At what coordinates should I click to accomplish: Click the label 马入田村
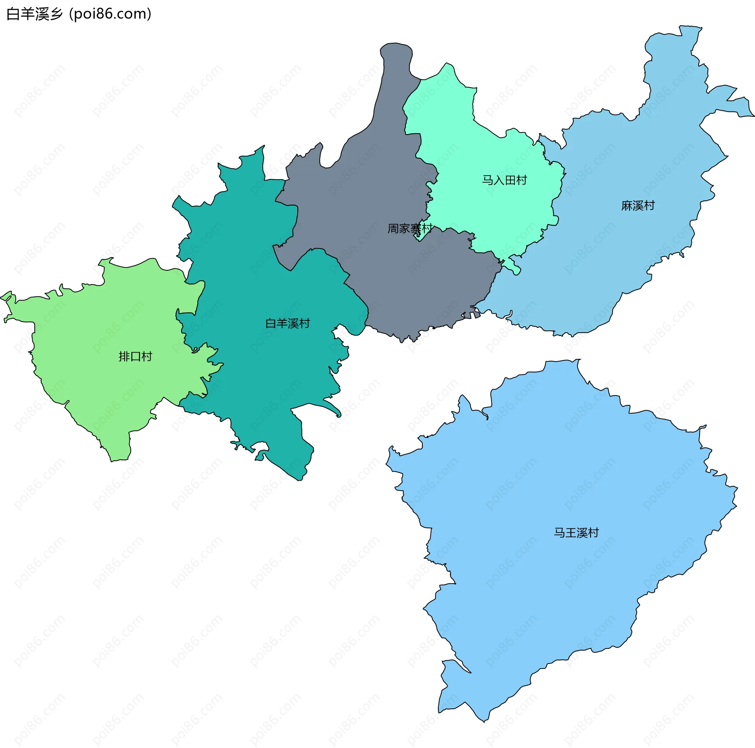point(505,180)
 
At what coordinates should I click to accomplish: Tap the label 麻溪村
point(638,206)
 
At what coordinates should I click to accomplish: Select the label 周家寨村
point(410,228)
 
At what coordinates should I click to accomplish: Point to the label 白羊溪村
point(287,323)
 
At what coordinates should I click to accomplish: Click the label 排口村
point(135,357)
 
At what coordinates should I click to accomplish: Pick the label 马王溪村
point(576,533)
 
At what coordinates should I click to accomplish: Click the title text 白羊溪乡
point(35,14)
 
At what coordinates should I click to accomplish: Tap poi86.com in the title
point(110,14)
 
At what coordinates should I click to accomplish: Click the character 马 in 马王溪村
point(560,533)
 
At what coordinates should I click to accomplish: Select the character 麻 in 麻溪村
point(627,206)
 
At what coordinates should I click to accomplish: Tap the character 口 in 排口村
point(135,357)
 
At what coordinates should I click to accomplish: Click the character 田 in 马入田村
point(510,180)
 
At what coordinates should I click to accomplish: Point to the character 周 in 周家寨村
point(393,228)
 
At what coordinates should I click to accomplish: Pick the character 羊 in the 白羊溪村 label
point(282,323)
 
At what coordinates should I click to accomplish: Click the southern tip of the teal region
point(300,480)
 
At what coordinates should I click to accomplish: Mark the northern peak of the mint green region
point(446,64)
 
